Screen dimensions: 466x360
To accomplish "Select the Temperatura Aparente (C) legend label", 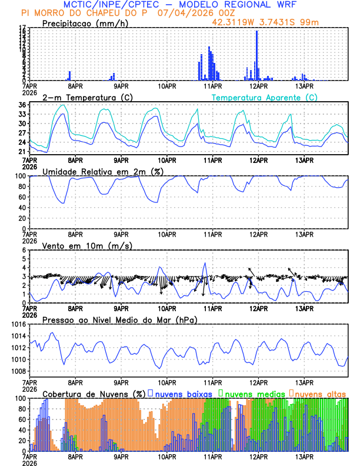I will [x=264, y=97].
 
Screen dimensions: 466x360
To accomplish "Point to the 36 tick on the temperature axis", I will [x=21, y=105].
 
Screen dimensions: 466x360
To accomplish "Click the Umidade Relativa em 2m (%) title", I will [x=103, y=171].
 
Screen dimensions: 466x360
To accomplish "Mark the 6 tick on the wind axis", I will [x=23, y=251].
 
